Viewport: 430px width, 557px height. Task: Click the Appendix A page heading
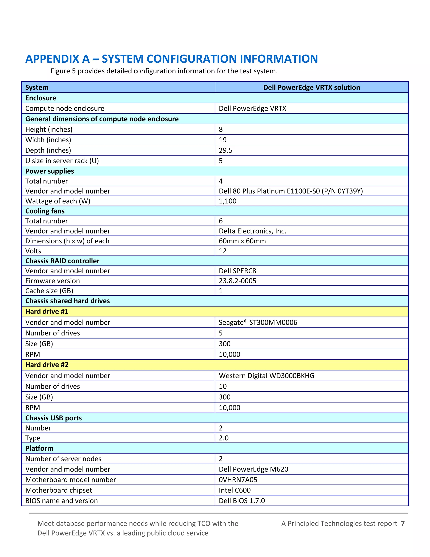point(172,59)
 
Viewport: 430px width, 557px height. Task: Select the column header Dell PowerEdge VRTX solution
point(311,87)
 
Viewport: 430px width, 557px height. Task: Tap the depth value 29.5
point(225,150)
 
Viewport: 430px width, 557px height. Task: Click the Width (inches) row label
point(48,140)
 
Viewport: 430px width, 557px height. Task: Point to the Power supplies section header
point(50,171)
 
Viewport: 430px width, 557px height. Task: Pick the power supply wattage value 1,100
point(227,201)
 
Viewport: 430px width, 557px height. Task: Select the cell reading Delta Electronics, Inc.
point(252,231)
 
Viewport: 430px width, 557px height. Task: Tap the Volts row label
point(33,251)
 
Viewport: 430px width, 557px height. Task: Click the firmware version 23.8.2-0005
point(237,281)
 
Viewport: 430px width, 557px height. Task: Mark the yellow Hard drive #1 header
point(47,311)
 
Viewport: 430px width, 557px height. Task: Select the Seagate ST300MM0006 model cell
point(258,322)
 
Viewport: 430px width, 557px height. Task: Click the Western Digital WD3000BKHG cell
point(266,376)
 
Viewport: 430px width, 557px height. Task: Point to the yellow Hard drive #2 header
point(47,365)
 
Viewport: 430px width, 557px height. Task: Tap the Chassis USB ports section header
point(54,418)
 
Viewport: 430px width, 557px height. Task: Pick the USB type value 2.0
point(223,438)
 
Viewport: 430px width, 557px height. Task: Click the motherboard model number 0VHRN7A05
point(238,480)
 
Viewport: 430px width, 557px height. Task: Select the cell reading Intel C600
point(234,490)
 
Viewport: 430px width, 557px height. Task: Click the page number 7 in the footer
point(402,524)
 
